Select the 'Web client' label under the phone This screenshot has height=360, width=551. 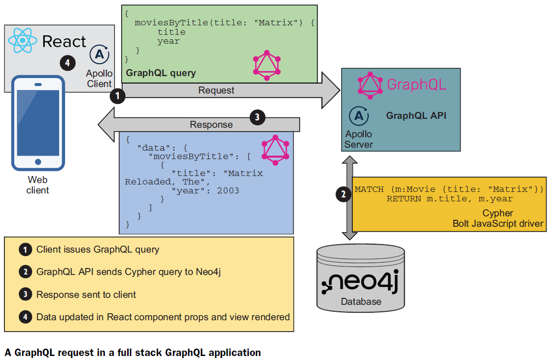coord(38,184)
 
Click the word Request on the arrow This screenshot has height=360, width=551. coord(216,90)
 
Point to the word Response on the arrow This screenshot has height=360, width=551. coord(211,124)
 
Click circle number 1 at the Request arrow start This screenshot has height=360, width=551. coord(117,96)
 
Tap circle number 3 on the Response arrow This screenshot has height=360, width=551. coord(257,117)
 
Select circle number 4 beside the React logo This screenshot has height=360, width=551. coord(68,63)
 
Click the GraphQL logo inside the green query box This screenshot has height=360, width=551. coord(266,65)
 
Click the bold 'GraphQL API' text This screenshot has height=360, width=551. coord(416,116)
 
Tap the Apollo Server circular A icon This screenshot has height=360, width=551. coord(359,116)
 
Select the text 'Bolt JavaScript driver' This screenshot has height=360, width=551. coord(497,223)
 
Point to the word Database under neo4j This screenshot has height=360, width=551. coord(361,301)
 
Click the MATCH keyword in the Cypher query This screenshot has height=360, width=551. coord(369,189)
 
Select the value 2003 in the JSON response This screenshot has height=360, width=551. coord(228,190)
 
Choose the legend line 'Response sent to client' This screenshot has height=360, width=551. coord(86,295)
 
